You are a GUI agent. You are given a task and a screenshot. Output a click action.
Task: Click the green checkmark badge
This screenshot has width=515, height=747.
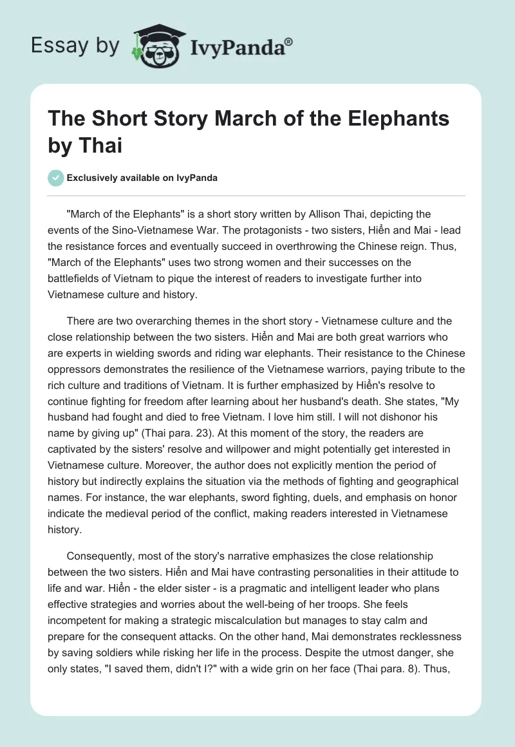pos(56,178)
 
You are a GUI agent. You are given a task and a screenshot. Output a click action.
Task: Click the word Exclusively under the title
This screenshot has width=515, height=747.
pos(95,178)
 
